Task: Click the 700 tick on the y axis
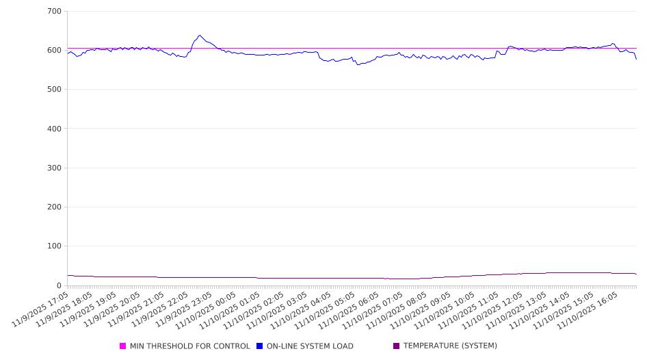point(54,12)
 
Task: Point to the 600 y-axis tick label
point(54,51)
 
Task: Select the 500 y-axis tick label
point(54,90)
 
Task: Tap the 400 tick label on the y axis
point(54,129)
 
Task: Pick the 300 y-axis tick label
point(54,168)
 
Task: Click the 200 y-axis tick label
point(54,207)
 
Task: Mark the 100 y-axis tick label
point(54,246)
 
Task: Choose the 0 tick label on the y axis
point(59,285)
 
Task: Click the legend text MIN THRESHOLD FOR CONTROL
point(189,346)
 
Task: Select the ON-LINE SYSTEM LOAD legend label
point(310,346)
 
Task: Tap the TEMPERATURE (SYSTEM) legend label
point(450,346)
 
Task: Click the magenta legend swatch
point(123,346)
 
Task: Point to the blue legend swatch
point(260,346)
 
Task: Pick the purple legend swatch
point(397,346)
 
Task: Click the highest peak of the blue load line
point(200,35)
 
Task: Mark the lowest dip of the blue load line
point(358,64)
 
